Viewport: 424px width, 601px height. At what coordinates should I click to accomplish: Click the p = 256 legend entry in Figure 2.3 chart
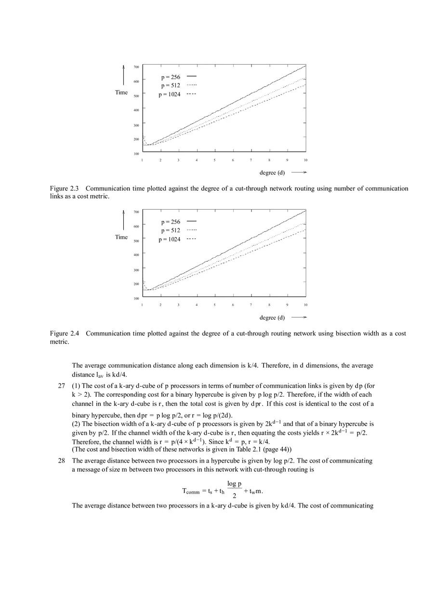(171, 77)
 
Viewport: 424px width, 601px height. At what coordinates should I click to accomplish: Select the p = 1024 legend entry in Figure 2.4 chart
(170, 240)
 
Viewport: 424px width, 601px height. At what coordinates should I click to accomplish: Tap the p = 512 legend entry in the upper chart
(171, 86)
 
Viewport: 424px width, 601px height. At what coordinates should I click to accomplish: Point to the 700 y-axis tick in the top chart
(136, 67)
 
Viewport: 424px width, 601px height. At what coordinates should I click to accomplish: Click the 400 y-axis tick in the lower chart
(136, 255)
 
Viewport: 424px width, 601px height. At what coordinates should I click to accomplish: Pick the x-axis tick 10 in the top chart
(305, 160)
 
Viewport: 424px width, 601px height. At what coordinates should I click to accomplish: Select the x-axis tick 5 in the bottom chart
(215, 305)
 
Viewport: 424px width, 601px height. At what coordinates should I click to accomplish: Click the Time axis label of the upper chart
(121, 93)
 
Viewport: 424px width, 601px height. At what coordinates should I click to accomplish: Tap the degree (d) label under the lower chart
(272, 318)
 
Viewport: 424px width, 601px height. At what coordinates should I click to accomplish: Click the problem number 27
(62, 386)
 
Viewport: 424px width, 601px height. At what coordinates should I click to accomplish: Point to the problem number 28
(62, 461)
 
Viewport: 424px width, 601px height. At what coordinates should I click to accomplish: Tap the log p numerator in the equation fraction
(234, 484)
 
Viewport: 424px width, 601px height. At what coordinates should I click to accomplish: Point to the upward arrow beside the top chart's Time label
(123, 75)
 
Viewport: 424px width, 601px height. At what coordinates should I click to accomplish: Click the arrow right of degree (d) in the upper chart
(299, 173)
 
